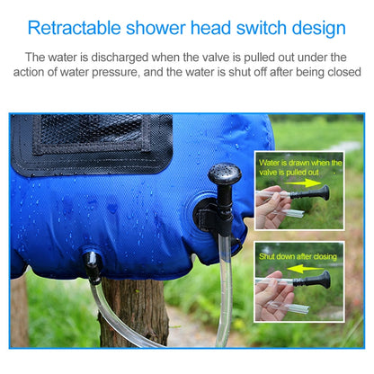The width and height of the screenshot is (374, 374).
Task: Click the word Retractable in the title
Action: (74, 28)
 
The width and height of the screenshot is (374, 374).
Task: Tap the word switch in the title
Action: (262, 28)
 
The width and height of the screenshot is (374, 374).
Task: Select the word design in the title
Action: (319, 29)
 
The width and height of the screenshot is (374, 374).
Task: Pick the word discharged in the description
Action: (120, 58)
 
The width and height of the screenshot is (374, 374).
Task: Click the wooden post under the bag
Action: (134, 312)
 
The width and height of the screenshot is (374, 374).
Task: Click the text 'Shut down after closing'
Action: (298, 256)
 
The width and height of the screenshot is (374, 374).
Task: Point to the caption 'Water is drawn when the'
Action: (300, 163)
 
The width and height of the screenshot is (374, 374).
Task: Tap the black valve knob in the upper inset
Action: (324, 193)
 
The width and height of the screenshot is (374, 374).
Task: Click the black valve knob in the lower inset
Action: (325, 280)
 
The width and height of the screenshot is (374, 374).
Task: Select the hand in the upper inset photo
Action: (272, 207)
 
